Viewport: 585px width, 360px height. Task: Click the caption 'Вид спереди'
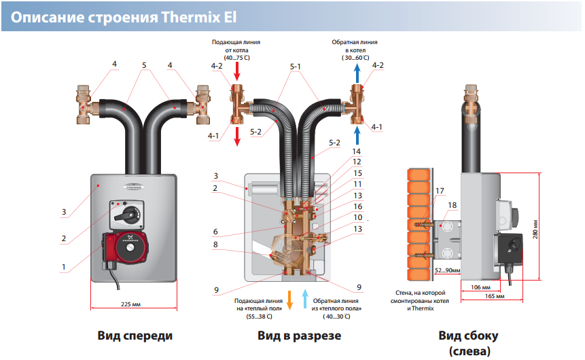(135, 336)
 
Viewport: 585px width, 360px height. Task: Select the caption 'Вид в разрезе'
(299, 336)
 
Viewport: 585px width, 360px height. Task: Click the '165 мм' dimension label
(495, 297)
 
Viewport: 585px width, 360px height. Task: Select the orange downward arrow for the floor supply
(289, 299)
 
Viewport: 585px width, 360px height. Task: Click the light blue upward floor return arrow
(304, 298)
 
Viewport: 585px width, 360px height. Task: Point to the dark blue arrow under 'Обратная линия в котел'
(358, 71)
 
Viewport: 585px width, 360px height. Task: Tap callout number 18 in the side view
(453, 204)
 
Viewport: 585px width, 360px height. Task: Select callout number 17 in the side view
(440, 191)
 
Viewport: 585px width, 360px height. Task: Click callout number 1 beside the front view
(63, 267)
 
